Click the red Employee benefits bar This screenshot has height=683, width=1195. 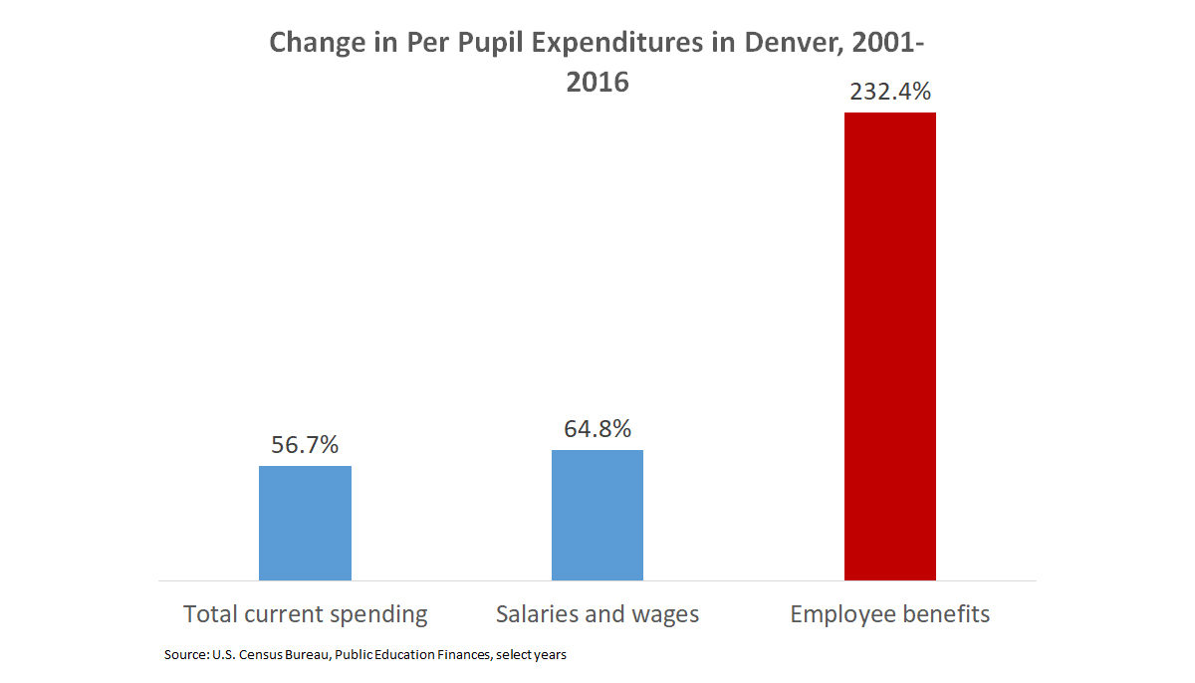889,345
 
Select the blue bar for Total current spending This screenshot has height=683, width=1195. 305,523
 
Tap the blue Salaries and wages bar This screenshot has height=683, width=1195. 597,515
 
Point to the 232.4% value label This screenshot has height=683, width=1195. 890,92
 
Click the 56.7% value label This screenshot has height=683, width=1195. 305,445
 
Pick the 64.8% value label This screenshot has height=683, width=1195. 597,429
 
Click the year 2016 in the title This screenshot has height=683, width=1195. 597,82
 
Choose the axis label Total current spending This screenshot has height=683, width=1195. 305,614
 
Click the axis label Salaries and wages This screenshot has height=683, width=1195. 597,614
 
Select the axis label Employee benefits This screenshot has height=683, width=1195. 889,614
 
